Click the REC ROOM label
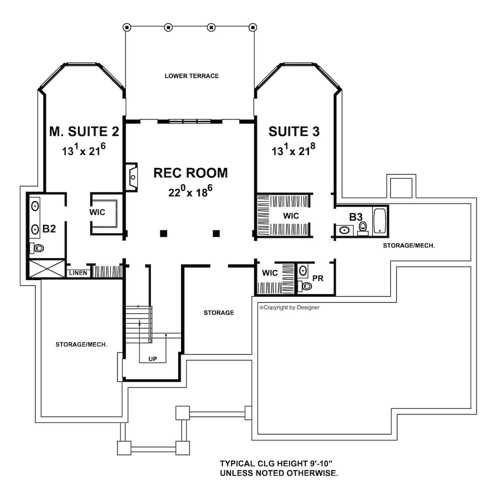[x=191, y=173]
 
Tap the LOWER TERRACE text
[x=191, y=76]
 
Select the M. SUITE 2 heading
[x=84, y=132]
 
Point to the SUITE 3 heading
[x=294, y=132]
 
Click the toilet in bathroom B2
[x=38, y=248]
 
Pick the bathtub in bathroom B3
[x=379, y=222]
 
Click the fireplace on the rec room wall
[x=132, y=177]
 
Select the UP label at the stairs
[x=153, y=359]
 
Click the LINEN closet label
[x=78, y=273]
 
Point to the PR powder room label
[x=318, y=278]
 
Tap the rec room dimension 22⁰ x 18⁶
[x=190, y=191]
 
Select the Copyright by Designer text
[x=290, y=307]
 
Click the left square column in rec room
[x=164, y=234]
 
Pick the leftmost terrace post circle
[x=127, y=28]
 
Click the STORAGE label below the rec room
[x=219, y=313]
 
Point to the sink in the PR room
[x=302, y=271]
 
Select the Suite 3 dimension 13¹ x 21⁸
[x=293, y=150]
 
